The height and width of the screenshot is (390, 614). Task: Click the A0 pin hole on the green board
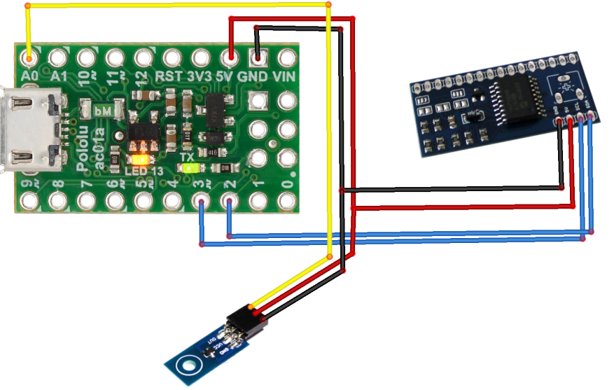coord(29,55)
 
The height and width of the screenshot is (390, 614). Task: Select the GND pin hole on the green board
coord(258,56)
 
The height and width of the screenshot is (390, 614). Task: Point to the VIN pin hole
coord(286,56)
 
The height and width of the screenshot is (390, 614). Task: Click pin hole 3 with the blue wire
coord(201,202)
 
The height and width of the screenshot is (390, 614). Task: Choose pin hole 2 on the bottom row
coord(229,202)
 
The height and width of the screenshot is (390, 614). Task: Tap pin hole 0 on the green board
coord(286,202)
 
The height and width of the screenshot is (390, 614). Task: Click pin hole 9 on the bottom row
coord(29,202)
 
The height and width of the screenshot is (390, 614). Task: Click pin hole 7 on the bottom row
coord(86,202)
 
